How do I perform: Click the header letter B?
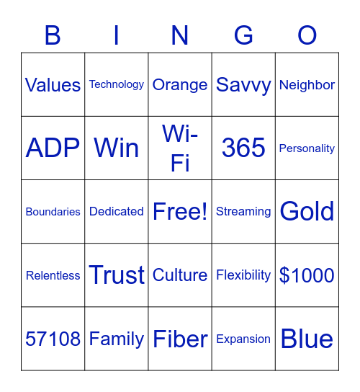53,35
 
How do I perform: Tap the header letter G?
243,35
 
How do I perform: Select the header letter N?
180,35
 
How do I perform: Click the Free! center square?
180,212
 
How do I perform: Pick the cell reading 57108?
53,339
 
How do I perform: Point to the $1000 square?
307,275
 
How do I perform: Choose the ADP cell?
53,148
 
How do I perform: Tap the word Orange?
180,85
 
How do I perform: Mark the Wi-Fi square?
180,148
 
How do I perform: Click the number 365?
243,148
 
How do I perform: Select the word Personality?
307,148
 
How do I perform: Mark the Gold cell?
307,212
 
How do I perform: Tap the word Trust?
117,275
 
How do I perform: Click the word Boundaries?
53,212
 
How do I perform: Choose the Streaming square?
243,212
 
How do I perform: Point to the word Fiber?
180,339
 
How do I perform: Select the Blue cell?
307,339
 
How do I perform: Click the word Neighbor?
307,85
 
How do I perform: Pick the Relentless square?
53,275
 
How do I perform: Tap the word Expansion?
243,339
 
